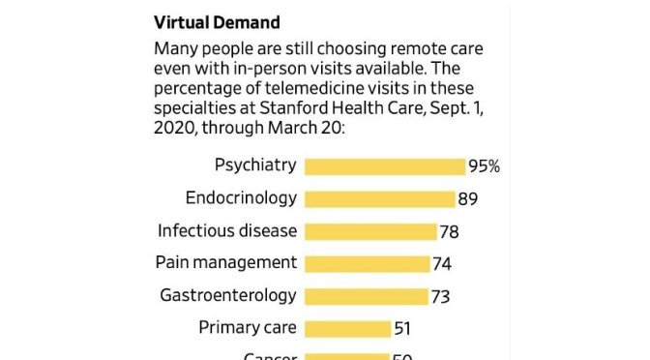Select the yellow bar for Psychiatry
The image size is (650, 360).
click(384, 166)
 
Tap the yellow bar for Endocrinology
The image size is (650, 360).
click(379, 199)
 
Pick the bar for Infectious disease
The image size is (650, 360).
click(369, 231)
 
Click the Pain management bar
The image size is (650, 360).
click(367, 264)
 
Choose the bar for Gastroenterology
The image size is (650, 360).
click(366, 296)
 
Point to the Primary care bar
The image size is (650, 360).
click(347, 329)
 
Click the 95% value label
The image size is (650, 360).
click(484, 166)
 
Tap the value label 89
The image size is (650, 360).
click(468, 199)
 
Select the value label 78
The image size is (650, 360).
click(449, 231)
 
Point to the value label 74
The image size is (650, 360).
click(442, 264)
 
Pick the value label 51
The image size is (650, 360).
click(403, 329)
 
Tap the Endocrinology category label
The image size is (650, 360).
click(240, 197)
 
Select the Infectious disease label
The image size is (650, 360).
click(227, 230)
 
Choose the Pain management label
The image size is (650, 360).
click(225, 262)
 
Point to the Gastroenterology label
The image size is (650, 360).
click(227, 295)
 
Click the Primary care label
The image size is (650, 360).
click(247, 327)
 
